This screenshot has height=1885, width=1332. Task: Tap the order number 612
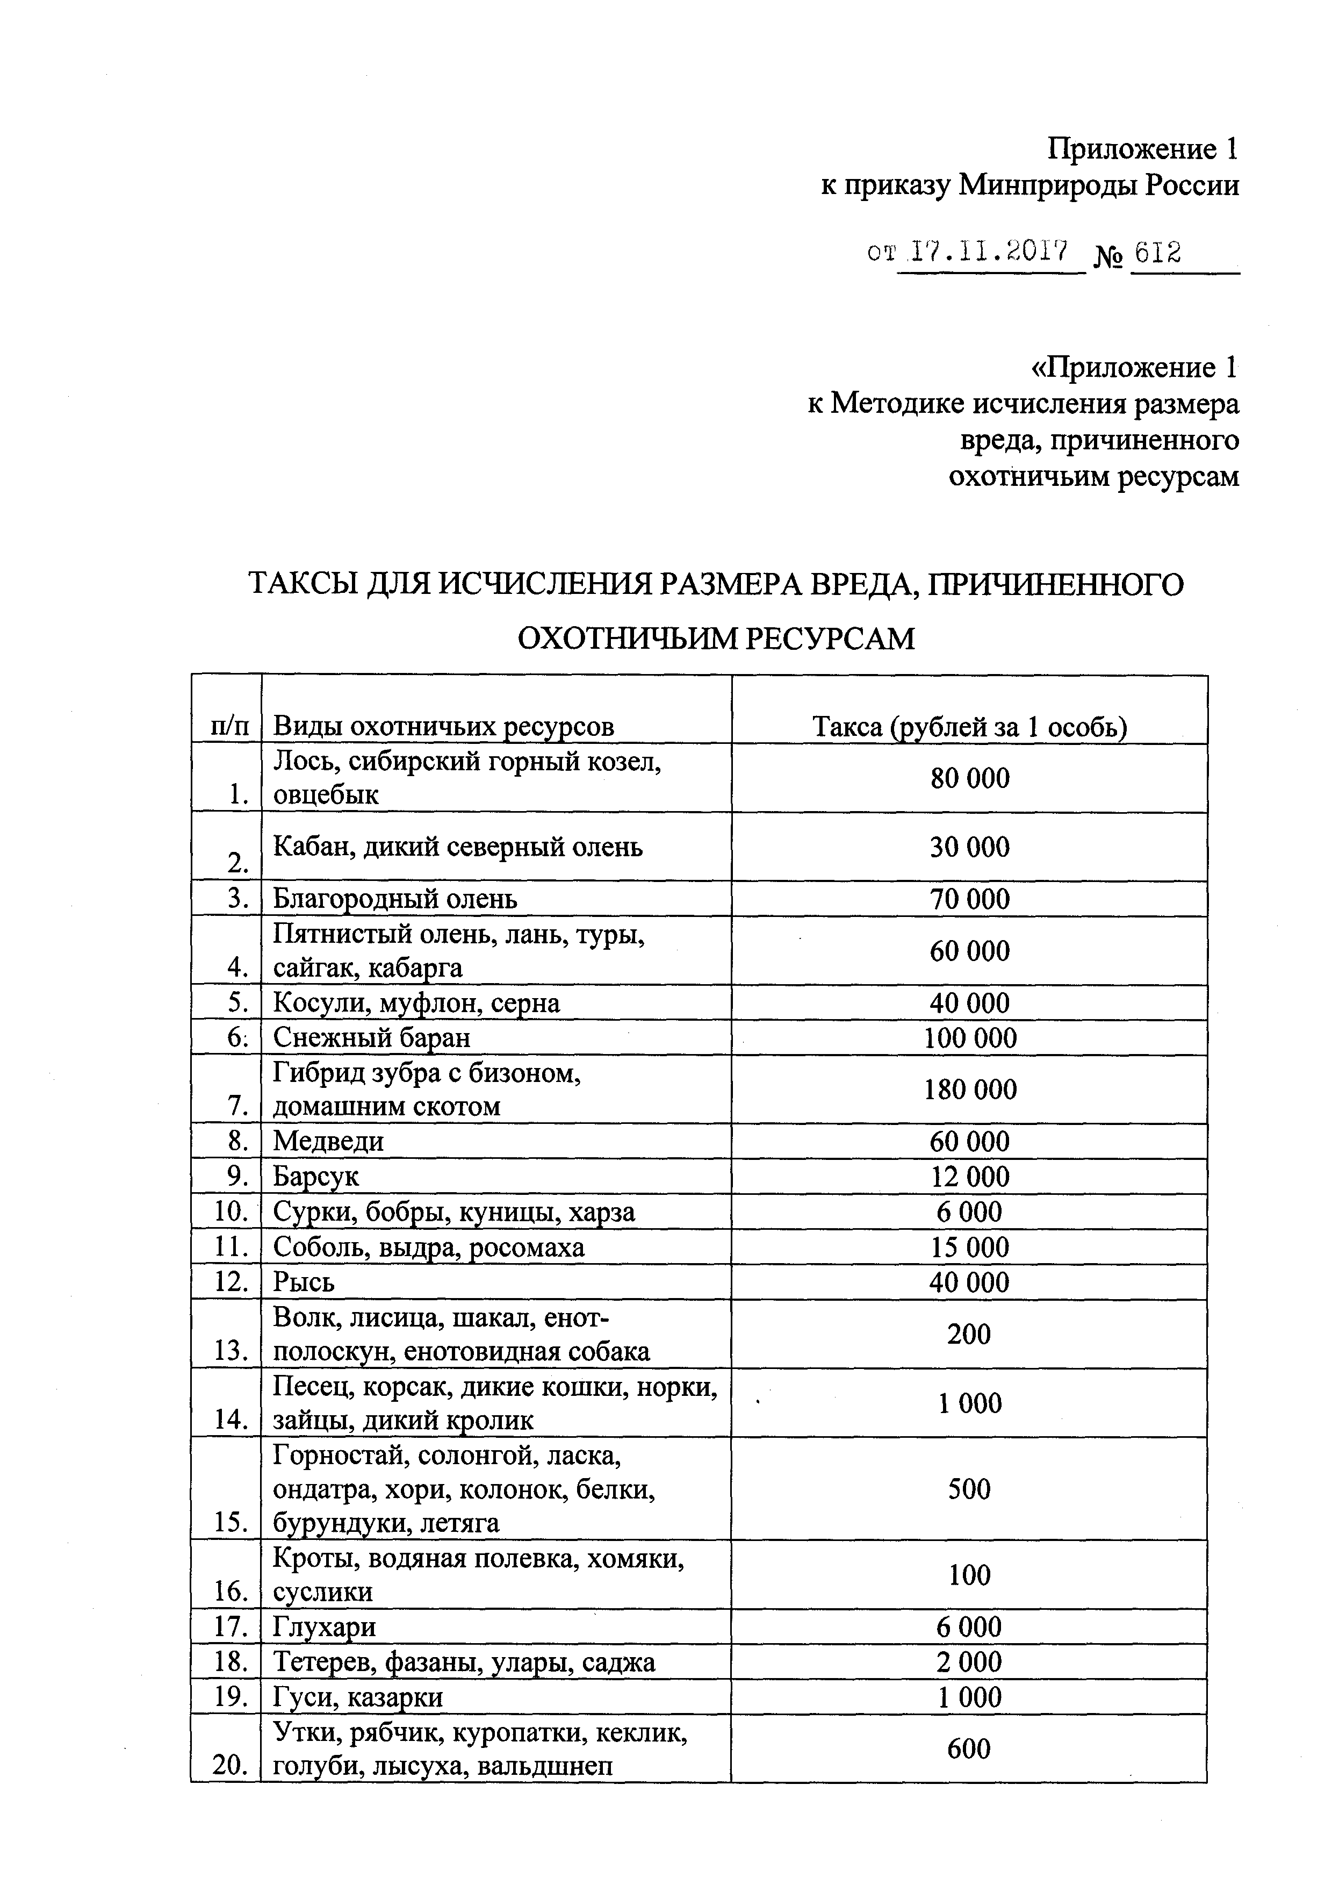point(1156,252)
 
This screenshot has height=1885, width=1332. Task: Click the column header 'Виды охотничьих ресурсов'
point(443,727)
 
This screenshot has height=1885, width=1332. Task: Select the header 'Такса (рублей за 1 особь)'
point(969,727)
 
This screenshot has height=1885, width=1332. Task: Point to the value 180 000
point(970,1090)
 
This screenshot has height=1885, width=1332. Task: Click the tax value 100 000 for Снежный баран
point(970,1038)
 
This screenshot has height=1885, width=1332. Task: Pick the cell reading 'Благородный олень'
point(395,899)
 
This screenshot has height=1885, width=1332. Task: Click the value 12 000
point(969,1177)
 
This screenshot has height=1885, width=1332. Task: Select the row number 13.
point(231,1351)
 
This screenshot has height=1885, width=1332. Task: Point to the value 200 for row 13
point(969,1334)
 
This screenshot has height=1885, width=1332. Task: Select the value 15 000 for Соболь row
point(969,1247)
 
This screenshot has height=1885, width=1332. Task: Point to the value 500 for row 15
point(969,1488)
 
